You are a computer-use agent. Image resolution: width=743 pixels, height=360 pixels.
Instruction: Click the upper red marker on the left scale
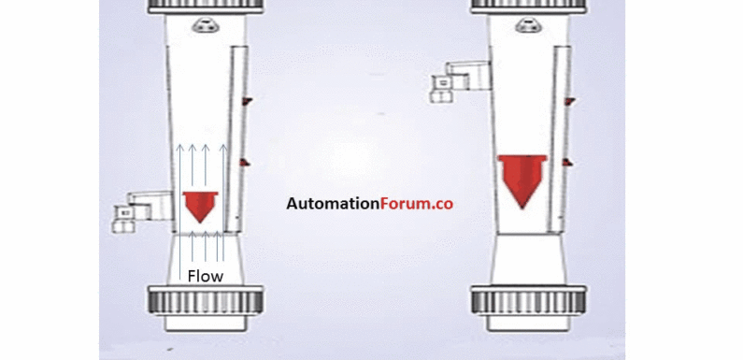click(x=246, y=99)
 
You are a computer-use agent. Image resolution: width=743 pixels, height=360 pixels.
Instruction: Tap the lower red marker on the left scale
click(x=245, y=164)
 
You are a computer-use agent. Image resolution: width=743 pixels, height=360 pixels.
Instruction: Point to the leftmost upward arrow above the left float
click(x=178, y=168)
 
